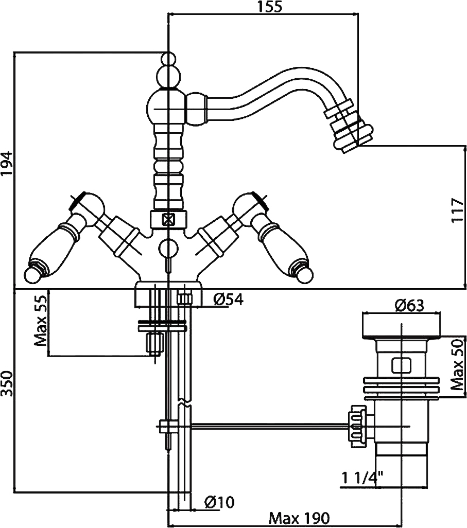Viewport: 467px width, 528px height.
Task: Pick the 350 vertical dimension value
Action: click(7, 384)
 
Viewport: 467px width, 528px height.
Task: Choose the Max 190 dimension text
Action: click(299, 518)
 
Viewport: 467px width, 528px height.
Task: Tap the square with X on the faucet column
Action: click(167, 220)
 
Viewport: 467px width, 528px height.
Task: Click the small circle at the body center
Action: click(168, 249)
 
